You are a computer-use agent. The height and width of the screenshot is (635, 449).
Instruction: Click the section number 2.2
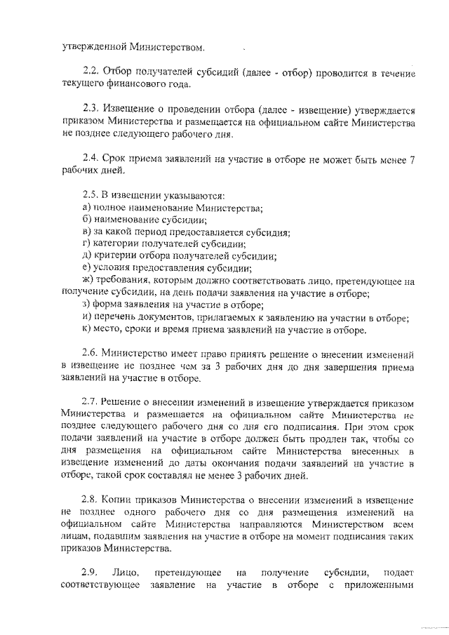[91, 72]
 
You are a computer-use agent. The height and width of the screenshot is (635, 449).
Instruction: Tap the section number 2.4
[91, 159]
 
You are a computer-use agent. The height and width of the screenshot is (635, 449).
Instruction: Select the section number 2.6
[91, 355]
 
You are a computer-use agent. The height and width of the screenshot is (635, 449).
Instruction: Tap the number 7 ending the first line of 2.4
[412, 159]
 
